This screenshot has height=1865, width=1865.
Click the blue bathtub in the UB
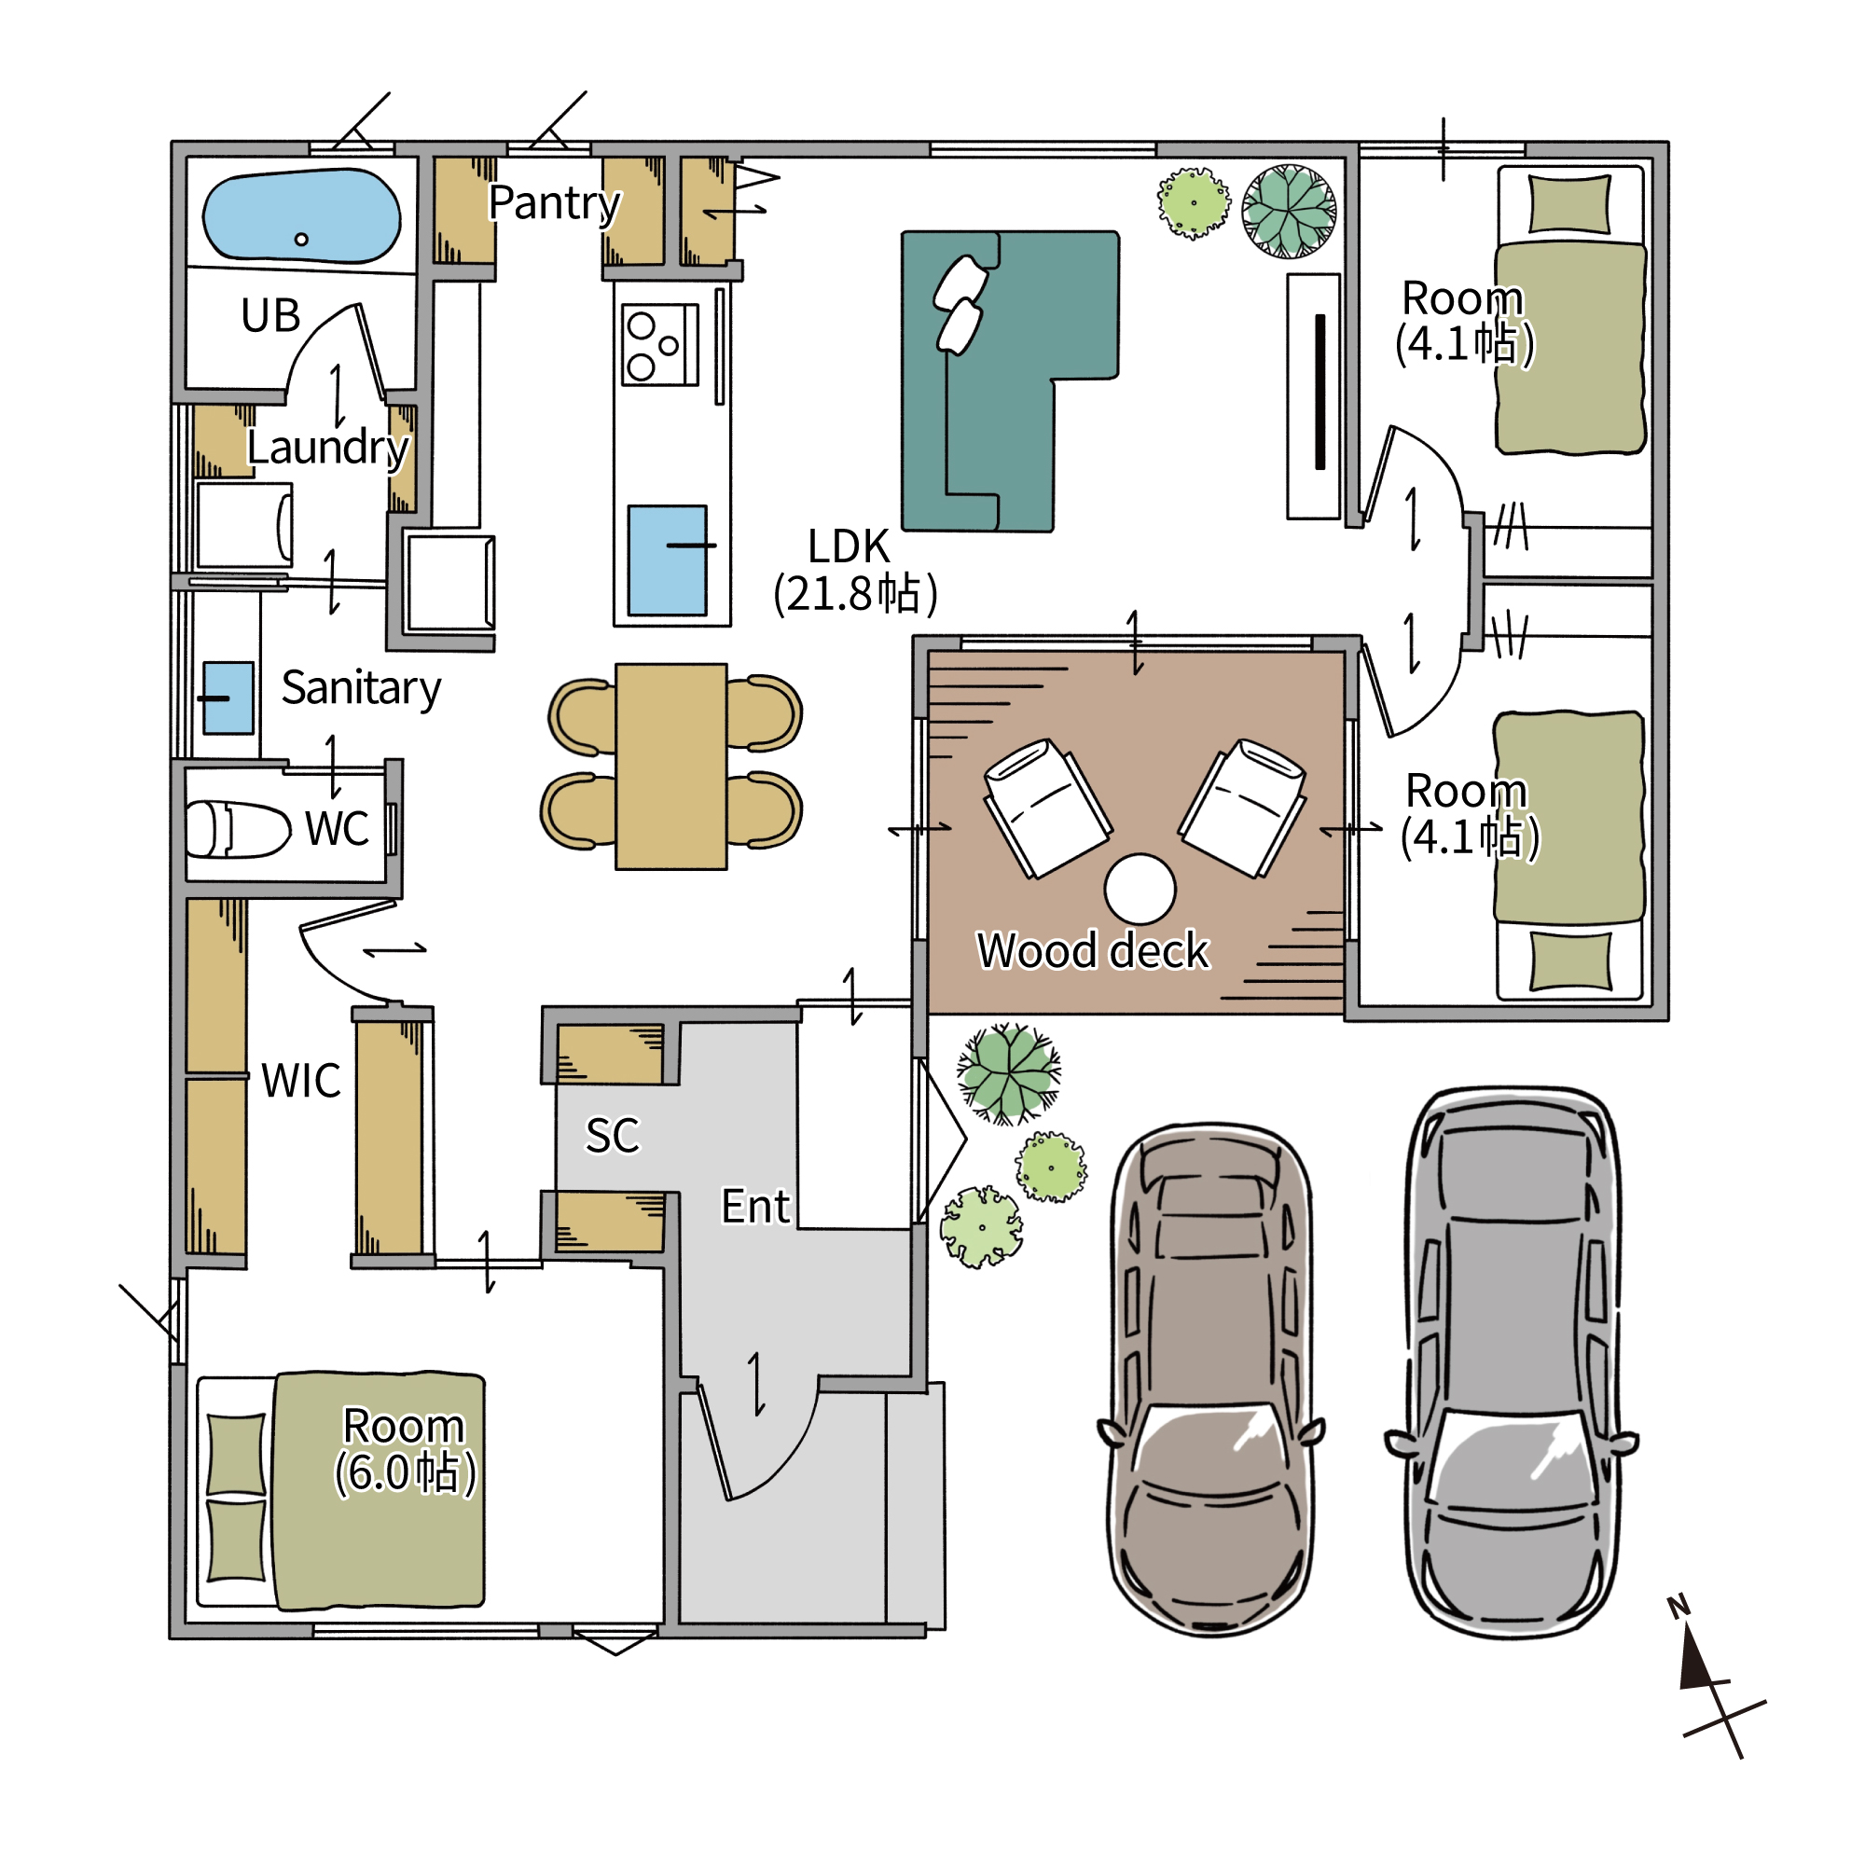(x=301, y=217)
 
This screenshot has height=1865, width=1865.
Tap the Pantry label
(x=554, y=203)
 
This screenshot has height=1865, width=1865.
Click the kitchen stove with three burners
(x=660, y=345)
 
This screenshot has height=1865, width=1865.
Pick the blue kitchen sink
(x=667, y=560)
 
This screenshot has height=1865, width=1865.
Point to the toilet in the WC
(x=238, y=829)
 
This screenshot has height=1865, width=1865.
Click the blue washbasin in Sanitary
(x=228, y=698)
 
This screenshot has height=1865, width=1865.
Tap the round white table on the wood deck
(x=1140, y=889)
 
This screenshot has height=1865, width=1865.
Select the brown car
(x=1210, y=1380)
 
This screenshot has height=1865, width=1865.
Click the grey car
(x=1512, y=1363)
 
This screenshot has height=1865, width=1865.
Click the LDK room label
(x=854, y=571)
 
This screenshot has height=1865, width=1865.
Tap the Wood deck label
(x=1093, y=951)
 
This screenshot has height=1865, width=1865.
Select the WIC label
(x=301, y=1081)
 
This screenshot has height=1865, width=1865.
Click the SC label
(x=612, y=1135)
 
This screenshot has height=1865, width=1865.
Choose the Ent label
(x=756, y=1207)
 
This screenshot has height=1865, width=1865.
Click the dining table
(x=670, y=767)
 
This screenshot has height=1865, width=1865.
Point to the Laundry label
(x=328, y=449)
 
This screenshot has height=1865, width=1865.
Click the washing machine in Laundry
(x=244, y=525)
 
